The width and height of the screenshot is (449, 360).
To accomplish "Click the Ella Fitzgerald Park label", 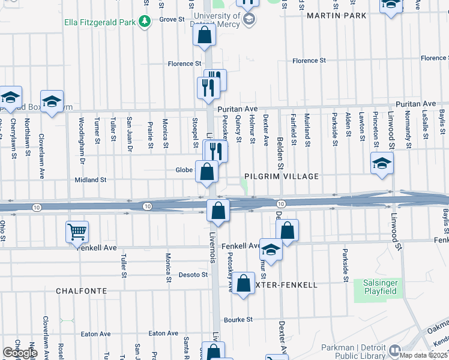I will [100, 23].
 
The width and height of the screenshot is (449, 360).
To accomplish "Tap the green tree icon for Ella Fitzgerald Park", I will [144, 23].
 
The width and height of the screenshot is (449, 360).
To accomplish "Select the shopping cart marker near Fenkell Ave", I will [77, 232].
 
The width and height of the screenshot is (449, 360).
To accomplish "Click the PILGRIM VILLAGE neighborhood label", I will [280, 177].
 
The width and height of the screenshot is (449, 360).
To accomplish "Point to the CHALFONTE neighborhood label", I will [82, 290].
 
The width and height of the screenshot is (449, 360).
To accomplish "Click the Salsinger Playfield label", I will [380, 287].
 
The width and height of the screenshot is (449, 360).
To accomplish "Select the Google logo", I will [20, 353].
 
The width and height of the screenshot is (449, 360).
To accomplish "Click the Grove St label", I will [172, 20].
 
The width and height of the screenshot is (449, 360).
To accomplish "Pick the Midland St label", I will [90, 179].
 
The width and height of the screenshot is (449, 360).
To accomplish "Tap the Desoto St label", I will [193, 275].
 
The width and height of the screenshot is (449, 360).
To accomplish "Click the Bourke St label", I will [238, 320].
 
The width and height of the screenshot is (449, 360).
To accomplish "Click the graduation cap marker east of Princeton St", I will [382, 164].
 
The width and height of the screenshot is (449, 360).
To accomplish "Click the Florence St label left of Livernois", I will [184, 64].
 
